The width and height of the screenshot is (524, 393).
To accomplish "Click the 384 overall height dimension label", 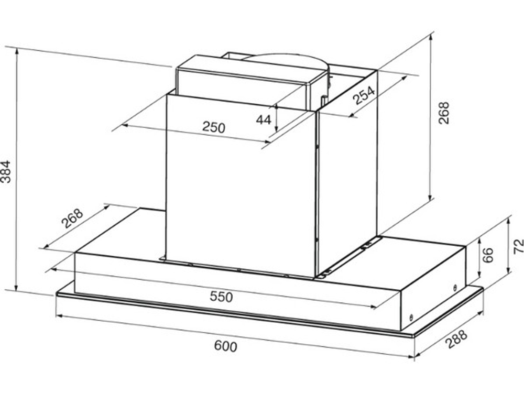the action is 6,172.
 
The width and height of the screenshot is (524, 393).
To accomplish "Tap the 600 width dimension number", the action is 225,346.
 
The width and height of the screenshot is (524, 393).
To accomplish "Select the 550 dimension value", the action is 221,297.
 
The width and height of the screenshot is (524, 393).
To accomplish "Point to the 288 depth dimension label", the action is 457,339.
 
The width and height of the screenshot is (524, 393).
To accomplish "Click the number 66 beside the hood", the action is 488,255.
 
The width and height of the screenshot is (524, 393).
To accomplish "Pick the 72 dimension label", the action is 518,247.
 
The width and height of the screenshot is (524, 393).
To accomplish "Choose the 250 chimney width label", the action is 214,127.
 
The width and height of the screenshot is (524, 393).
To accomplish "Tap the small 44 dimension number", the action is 264,119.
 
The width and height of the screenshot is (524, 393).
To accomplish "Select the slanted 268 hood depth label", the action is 72,218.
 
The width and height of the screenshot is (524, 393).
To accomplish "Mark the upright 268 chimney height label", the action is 444,113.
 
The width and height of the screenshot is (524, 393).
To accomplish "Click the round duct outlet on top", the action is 287,62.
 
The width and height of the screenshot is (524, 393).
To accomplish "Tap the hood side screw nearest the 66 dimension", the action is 455,288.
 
